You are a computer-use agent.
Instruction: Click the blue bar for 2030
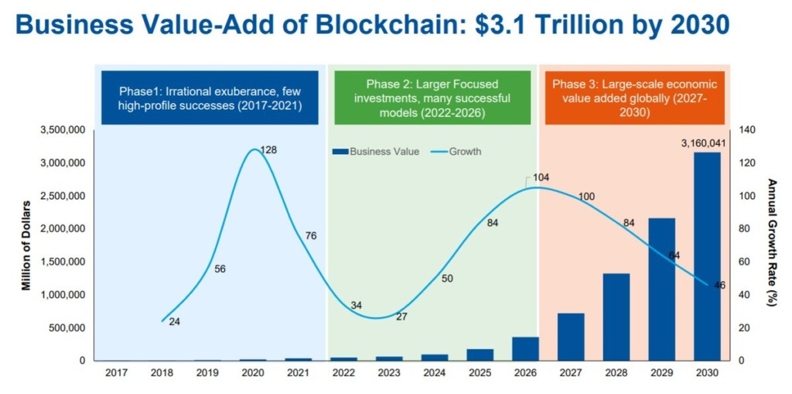click(x=707, y=256)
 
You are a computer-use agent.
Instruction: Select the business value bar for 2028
click(x=616, y=317)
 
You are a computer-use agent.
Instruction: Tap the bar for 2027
click(x=571, y=337)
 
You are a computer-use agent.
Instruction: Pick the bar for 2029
click(x=662, y=290)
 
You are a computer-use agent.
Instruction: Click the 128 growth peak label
click(x=268, y=149)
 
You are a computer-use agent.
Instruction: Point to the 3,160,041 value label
click(x=703, y=142)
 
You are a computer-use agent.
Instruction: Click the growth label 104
click(x=541, y=178)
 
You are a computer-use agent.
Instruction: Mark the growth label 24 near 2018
click(x=174, y=321)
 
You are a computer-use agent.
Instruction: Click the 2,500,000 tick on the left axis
click(x=63, y=196)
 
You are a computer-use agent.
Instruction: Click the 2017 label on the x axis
click(x=117, y=373)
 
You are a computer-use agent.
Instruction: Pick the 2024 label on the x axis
click(x=435, y=373)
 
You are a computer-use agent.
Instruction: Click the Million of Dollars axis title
click(x=26, y=245)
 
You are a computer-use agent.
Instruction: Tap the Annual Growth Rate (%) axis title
click(x=771, y=242)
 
